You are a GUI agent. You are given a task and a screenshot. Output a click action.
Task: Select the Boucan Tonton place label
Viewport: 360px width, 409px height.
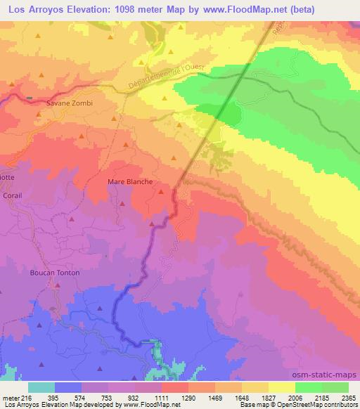(55, 273)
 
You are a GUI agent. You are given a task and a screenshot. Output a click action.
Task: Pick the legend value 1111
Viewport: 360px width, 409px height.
(161, 397)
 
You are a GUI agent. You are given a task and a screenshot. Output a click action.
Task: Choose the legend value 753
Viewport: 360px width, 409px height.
(108, 397)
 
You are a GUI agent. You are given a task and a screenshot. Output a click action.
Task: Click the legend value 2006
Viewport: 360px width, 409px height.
(295, 397)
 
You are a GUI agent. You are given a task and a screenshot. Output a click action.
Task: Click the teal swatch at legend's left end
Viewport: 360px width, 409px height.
(41, 387)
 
